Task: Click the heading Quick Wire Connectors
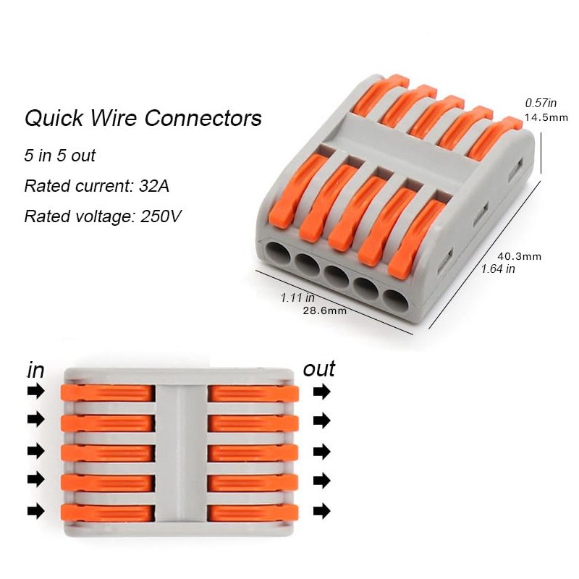(x=143, y=118)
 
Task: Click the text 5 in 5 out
(x=60, y=156)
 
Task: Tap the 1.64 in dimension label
(x=499, y=269)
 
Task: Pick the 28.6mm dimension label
(x=324, y=310)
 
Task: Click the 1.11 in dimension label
(x=297, y=297)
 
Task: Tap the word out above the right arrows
(x=319, y=368)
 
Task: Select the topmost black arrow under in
(x=35, y=392)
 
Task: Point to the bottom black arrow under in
(x=35, y=511)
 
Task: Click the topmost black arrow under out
(x=321, y=392)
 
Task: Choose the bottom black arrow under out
(x=321, y=511)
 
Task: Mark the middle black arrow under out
(x=321, y=451)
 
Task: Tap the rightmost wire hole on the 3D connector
(x=395, y=300)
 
